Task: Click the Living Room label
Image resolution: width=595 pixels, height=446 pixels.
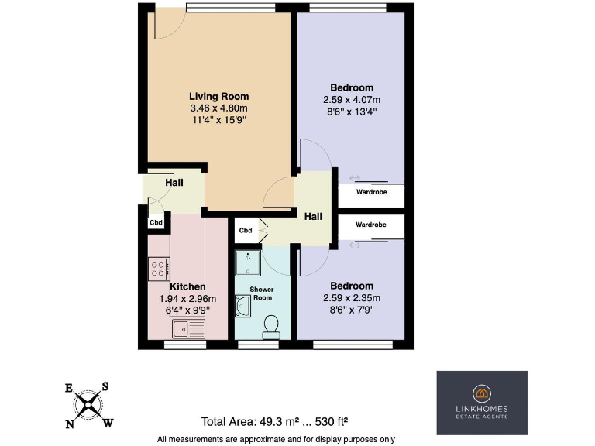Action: [219, 96]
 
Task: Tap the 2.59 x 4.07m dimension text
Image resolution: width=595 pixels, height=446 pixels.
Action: [352, 100]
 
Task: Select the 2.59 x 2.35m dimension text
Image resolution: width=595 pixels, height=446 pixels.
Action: [352, 297]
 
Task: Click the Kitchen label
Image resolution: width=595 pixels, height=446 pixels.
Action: [187, 286]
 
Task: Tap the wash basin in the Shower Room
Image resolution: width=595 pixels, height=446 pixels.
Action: [242, 307]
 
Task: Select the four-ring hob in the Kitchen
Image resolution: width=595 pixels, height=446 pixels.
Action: [159, 268]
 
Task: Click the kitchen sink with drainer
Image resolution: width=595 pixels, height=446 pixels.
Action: [187, 328]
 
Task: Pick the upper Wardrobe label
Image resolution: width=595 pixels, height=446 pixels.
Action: [370, 192]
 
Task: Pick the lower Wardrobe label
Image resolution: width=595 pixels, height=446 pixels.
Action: [370, 225]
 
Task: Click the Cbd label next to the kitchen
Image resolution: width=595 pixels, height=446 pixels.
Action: [156, 223]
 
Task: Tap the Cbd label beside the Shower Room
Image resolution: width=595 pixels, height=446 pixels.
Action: [245, 230]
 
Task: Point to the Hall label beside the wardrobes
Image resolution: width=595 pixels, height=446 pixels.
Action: [313, 217]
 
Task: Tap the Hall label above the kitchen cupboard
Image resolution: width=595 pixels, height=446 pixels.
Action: [174, 183]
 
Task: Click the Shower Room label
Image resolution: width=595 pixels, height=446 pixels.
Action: [263, 294]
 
